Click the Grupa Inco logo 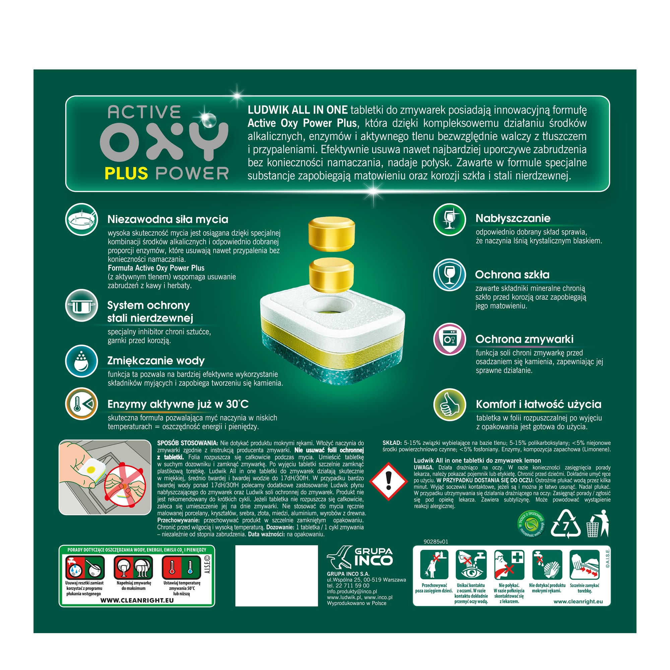coord(359,556)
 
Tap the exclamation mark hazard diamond coord(388,481)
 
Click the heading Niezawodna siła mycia coord(168,219)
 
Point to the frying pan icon coord(82,219)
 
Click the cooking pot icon coord(82,306)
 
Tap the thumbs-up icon coord(450,405)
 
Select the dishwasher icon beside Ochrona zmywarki coord(450,339)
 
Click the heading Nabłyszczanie coord(513,218)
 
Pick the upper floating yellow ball coord(332,234)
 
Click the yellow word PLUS coord(126,173)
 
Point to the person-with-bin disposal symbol coord(598,523)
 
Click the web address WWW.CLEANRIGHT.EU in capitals coord(137,600)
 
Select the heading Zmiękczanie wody coord(156,361)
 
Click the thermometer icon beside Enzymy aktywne coord(82,404)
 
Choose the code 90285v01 coord(435,541)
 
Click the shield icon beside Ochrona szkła coord(450,275)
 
